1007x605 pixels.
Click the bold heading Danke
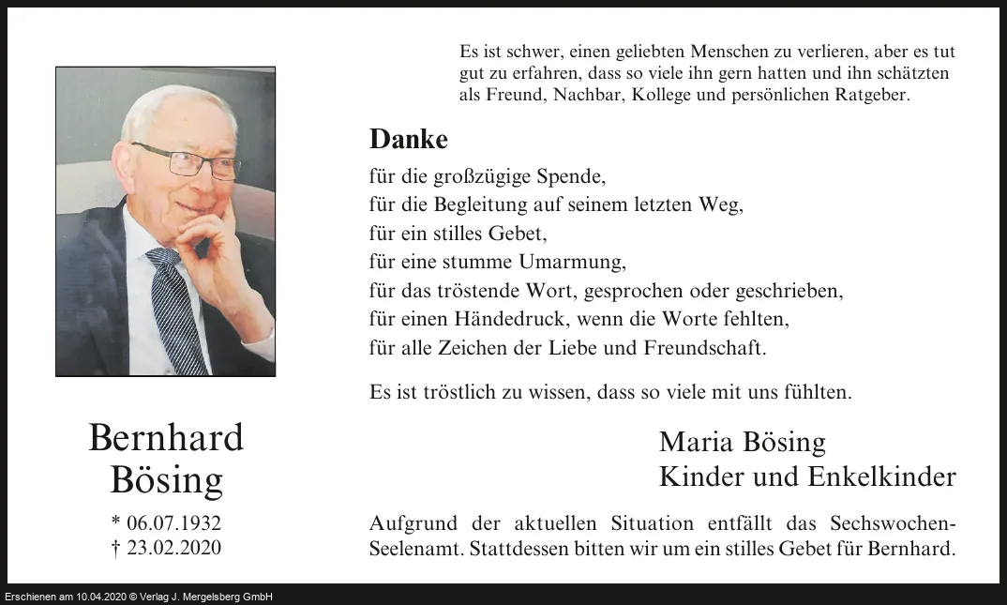[409, 139]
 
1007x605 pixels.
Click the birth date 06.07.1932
[173, 523]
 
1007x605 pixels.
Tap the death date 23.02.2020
[173, 548]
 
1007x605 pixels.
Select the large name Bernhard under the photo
[166, 438]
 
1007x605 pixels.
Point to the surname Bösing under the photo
[166, 480]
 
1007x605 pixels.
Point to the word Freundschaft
[704, 348]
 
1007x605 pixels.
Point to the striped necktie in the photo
[178, 310]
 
